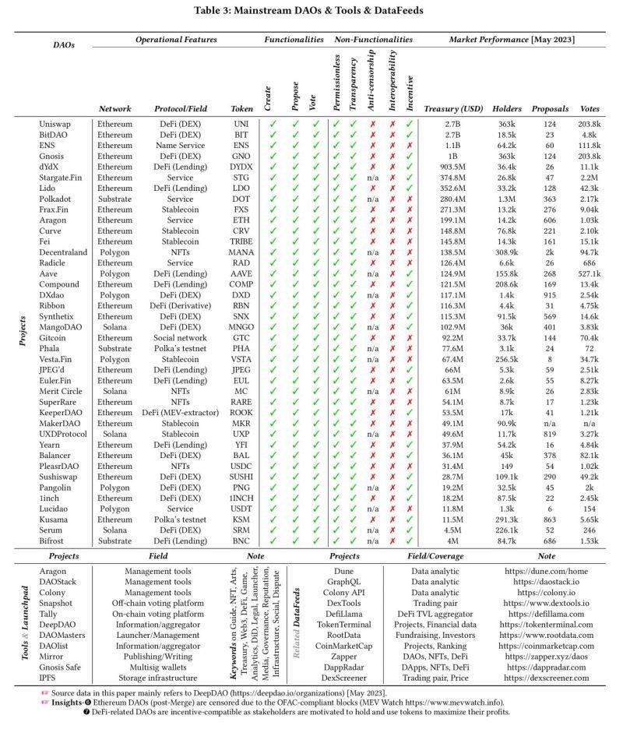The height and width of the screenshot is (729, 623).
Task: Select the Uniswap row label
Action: coord(55,124)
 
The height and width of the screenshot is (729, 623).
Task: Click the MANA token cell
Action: coord(241,254)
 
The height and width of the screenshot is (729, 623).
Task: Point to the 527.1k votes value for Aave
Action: coord(590,275)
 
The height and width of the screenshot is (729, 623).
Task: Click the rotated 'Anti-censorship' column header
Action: coord(374,78)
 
